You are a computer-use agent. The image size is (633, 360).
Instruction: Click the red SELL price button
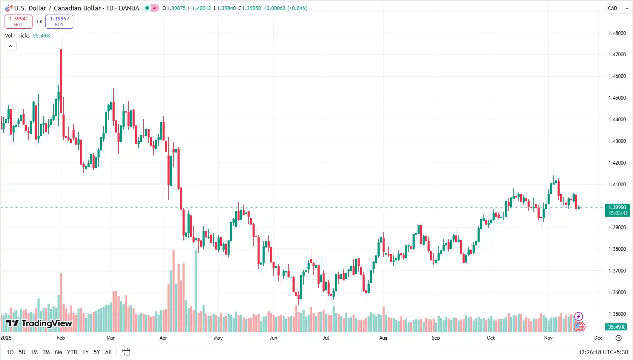18,21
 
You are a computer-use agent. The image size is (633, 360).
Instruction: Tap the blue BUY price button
59,21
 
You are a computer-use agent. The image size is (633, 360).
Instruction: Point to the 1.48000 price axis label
617,33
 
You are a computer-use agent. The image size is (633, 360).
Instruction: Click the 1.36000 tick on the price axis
617,292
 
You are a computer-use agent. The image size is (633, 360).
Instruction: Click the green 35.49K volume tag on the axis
616,327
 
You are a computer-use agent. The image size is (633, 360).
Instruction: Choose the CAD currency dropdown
618,8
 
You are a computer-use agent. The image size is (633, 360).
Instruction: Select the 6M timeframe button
58,352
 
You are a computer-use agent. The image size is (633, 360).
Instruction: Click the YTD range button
72,352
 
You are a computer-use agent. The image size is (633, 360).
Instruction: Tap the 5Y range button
97,352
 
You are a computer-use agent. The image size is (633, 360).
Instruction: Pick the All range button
108,352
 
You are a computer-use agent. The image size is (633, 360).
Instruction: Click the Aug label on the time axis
383,338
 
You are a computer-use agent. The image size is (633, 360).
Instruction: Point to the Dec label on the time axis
598,338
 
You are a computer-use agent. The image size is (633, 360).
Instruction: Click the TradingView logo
39,323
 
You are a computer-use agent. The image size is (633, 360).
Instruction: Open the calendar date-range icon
126,352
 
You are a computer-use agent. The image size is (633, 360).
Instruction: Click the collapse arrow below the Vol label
10,46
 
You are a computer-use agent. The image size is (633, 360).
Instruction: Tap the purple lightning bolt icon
578,317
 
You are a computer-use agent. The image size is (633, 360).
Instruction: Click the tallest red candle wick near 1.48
61,42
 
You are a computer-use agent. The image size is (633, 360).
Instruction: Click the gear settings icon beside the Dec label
618,338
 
